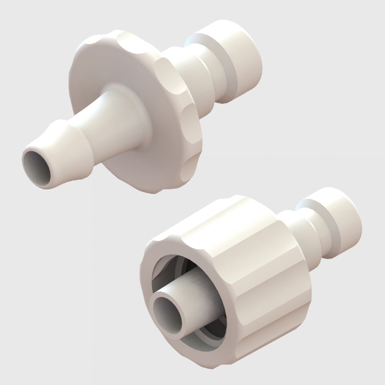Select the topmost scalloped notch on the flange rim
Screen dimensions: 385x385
(128, 42)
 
